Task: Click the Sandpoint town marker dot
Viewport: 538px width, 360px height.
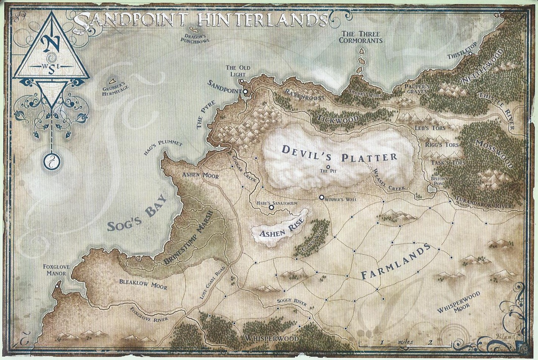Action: [245, 92]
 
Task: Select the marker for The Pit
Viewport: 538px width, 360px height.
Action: [328, 167]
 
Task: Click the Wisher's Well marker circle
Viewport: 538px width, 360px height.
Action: [321, 197]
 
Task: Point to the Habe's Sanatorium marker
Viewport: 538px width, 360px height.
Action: [271, 208]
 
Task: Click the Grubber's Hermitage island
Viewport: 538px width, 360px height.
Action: [112, 81]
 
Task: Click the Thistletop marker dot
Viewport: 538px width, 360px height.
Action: [470, 54]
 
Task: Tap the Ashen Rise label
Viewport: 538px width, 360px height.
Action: [278, 232]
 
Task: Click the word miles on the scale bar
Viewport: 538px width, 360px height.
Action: [406, 342]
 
